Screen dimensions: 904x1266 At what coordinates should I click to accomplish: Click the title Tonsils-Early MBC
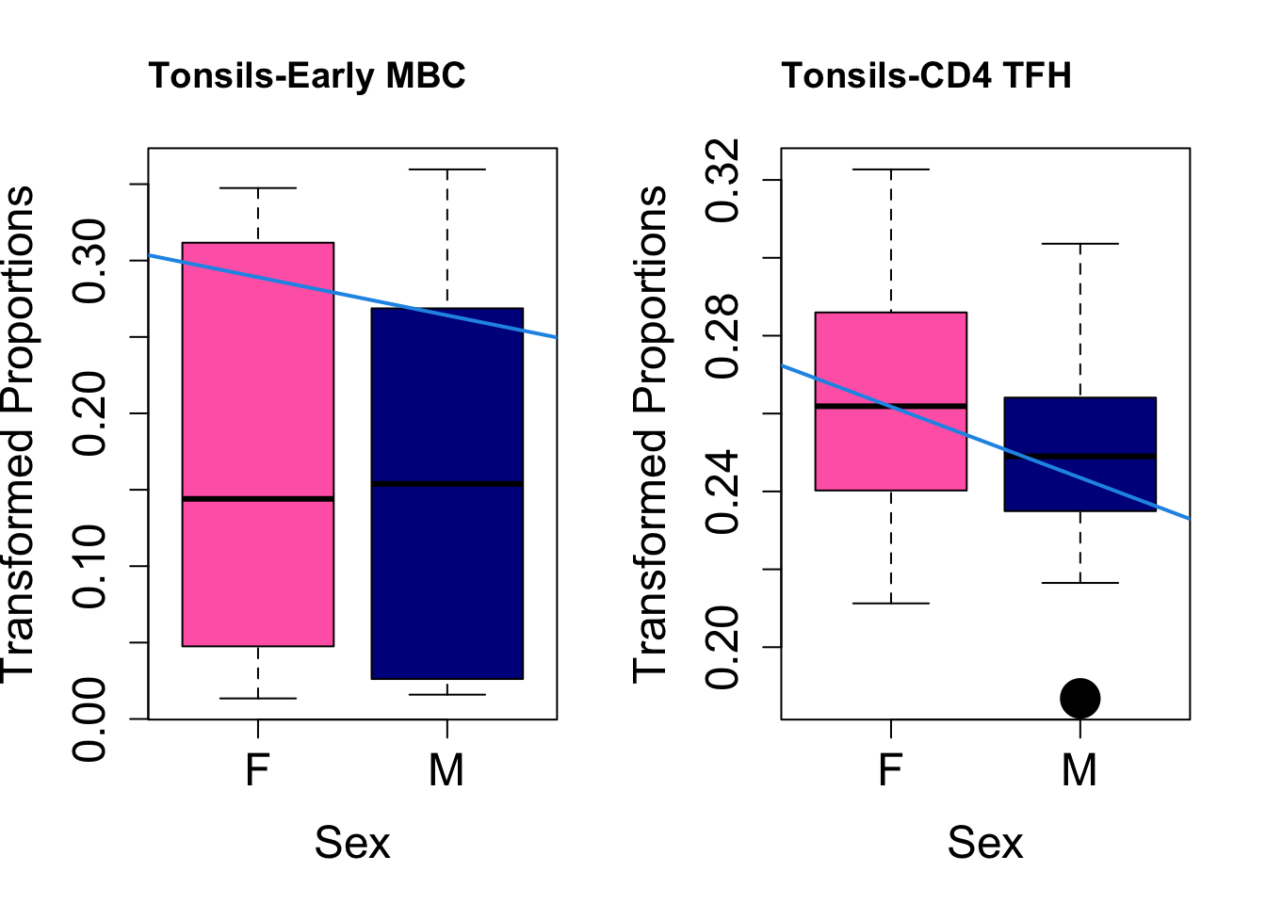(x=307, y=75)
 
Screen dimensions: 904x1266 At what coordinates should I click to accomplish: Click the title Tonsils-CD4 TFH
(x=927, y=75)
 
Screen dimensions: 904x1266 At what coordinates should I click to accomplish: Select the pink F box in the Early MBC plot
(x=258, y=377)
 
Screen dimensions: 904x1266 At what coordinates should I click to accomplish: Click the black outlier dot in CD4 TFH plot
(x=1079, y=698)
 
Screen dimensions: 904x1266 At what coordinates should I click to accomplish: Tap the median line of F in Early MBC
(x=258, y=498)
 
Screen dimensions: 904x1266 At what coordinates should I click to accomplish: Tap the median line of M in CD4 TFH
(x=1079, y=456)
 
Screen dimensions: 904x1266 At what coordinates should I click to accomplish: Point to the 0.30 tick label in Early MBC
(x=92, y=260)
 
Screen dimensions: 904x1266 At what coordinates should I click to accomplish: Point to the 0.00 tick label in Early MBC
(x=92, y=718)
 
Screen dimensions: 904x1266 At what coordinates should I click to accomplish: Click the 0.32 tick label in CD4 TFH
(x=723, y=180)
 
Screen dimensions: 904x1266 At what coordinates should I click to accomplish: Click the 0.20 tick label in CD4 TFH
(x=723, y=647)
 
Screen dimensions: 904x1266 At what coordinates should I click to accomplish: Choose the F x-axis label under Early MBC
(x=257, y=770)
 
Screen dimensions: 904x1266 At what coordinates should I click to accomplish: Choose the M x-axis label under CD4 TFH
(x=1079, y=770)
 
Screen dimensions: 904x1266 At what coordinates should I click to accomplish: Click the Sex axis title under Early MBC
(x=351, y=842)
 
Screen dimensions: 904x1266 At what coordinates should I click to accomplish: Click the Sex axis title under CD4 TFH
(x=984, y=842)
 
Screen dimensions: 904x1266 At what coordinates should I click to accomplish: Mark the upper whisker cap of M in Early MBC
(x=446, y=169)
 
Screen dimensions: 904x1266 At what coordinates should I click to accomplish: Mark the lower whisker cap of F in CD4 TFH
(x=891, y=603)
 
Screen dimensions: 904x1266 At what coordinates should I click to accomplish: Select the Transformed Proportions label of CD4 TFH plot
(x=650, y=433)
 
